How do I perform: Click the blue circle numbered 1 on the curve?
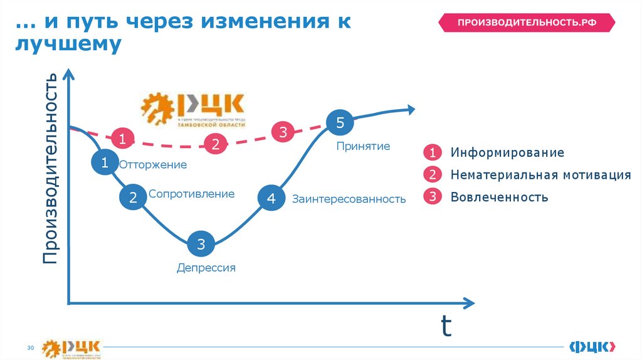[105, 163]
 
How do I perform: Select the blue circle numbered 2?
[133, 198]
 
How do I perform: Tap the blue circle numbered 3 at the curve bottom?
[201, 244]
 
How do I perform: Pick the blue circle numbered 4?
[271, 198]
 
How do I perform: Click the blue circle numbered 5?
[340, 123]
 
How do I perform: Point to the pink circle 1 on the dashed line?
[123, 139]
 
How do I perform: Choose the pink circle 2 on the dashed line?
[215, 145]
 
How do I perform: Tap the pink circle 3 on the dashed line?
[283, 132]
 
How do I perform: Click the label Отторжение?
[153, 165]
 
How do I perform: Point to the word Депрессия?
[206, 268]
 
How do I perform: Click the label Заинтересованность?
[349, 199]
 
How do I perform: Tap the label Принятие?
[363, 146]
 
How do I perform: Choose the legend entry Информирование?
[507, 152]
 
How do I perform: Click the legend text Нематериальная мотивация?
[540, 175]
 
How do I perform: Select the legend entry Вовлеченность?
[499, 197]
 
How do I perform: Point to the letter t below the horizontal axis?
[446, 326]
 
